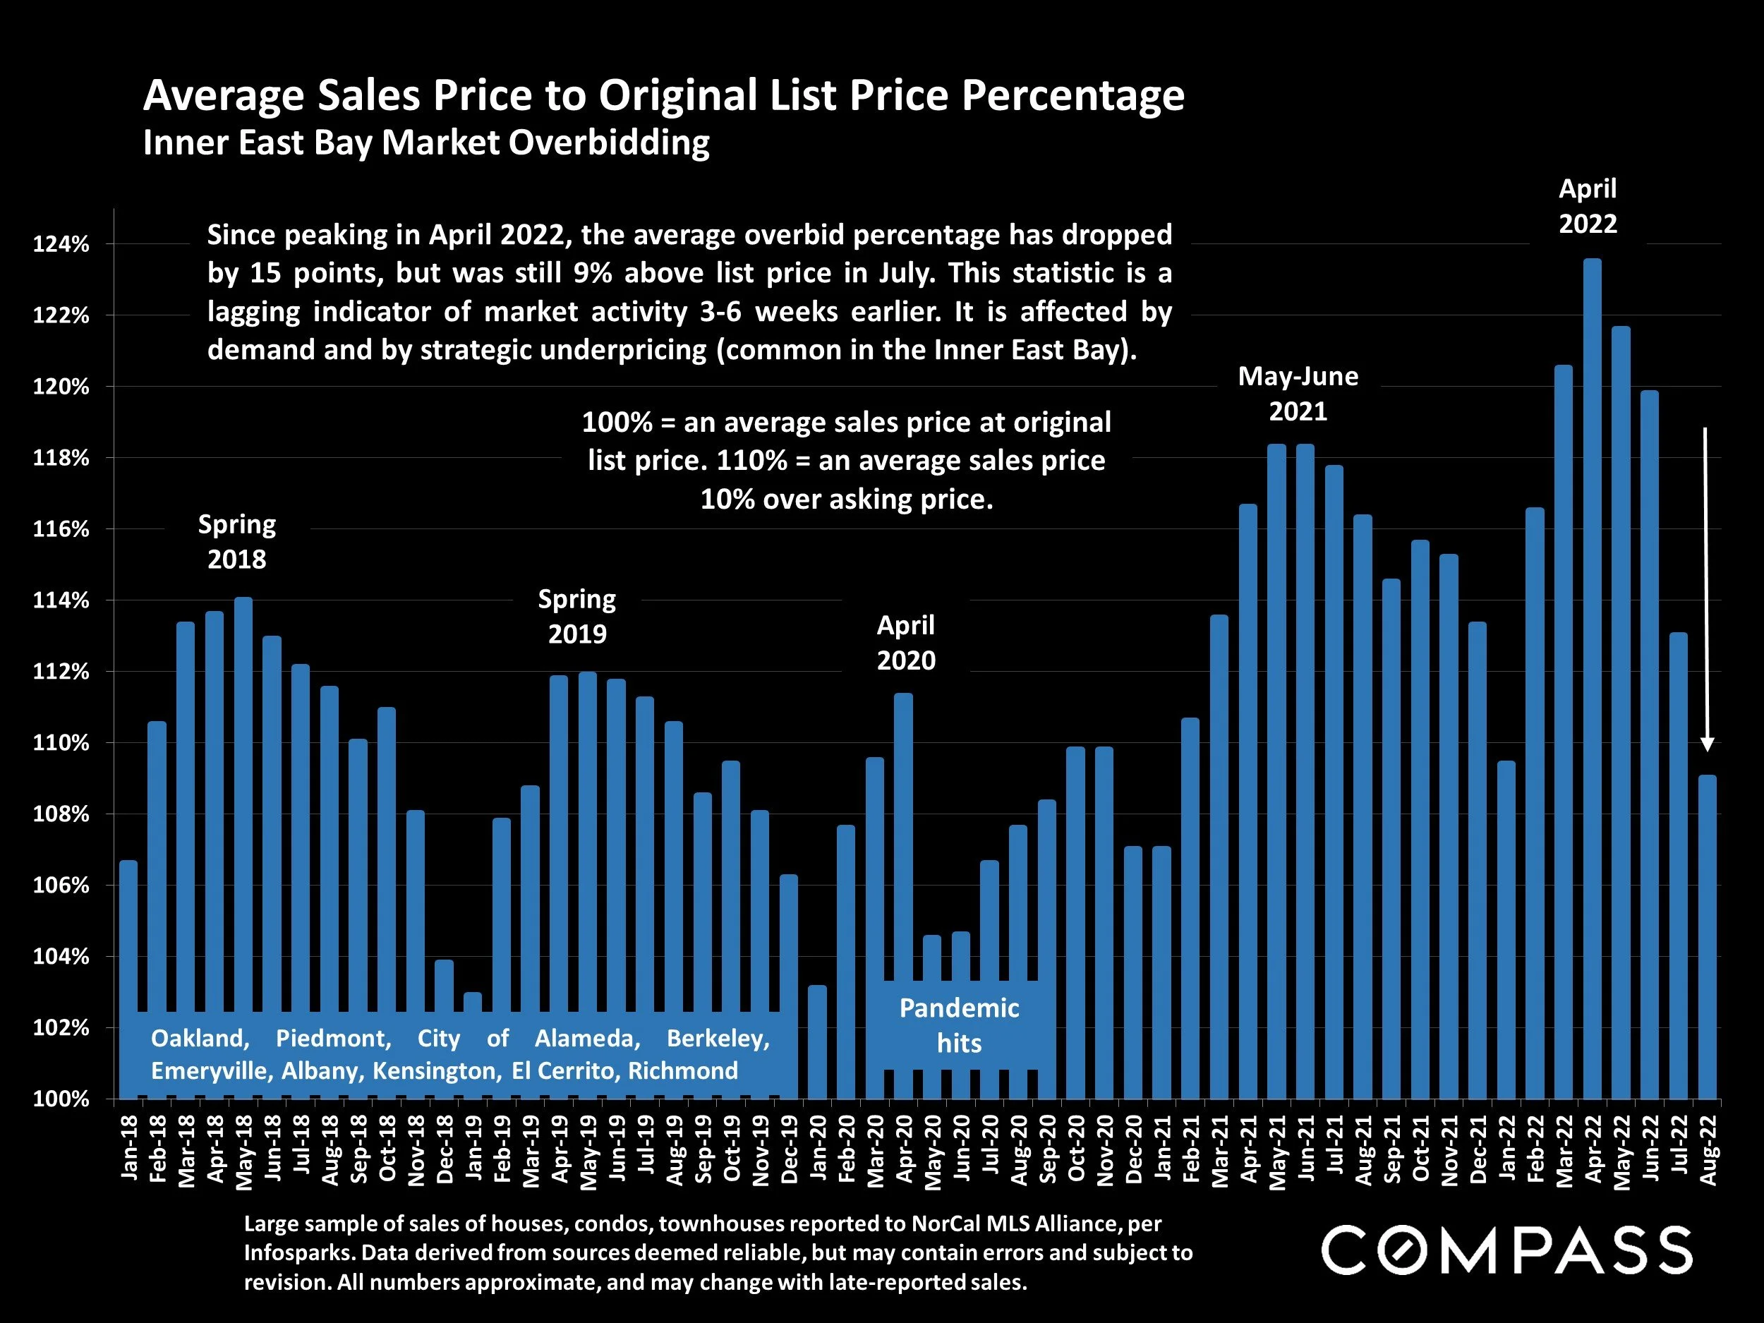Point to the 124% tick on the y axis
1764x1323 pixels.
pos(61,245)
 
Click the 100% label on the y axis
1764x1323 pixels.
pos(61,1099)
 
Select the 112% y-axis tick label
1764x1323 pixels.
pos(61,672)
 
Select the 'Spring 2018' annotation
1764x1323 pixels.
pos(237,541)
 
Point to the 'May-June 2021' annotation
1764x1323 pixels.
pos(1298,393)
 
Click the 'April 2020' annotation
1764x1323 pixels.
pos(906,643)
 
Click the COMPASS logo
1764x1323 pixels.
pos(1506,1250)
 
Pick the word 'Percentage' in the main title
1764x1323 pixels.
pos(1073,96)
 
